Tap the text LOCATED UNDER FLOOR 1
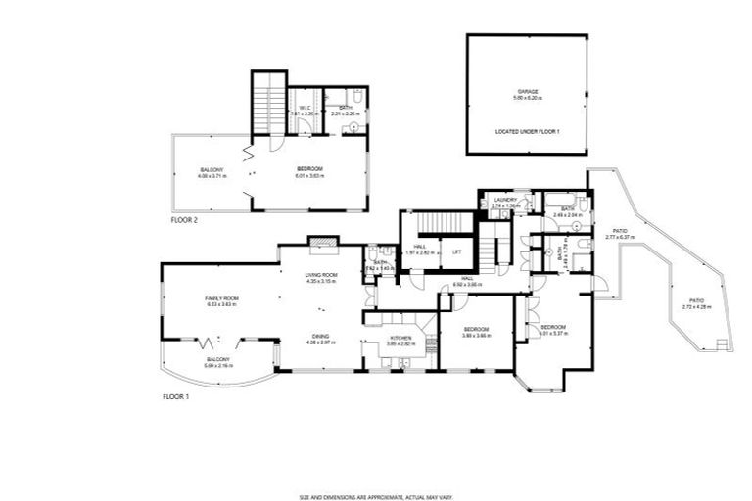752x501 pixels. [529, 131]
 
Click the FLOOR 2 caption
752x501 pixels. [184, 221]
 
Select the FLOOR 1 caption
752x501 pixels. [175, 397]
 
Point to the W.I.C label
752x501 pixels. [305, 108]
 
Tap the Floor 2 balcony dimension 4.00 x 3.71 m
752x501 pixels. [211, 176]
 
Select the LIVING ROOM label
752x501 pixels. [321, 275]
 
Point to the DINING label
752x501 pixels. [321, 336]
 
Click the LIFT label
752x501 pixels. [456, 251]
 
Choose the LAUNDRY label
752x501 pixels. [505, 200]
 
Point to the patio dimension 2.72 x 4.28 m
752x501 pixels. [696, 307]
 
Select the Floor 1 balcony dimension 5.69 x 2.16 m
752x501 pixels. [217, 365]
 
